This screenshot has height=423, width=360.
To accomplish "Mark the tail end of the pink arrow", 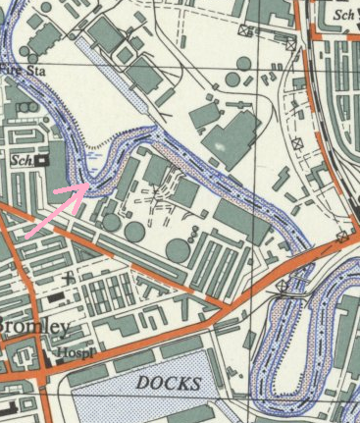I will pyautogui.click(x=26, y=236).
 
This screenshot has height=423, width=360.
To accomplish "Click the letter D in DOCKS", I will pyautogui.click(x=142, y=382).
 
